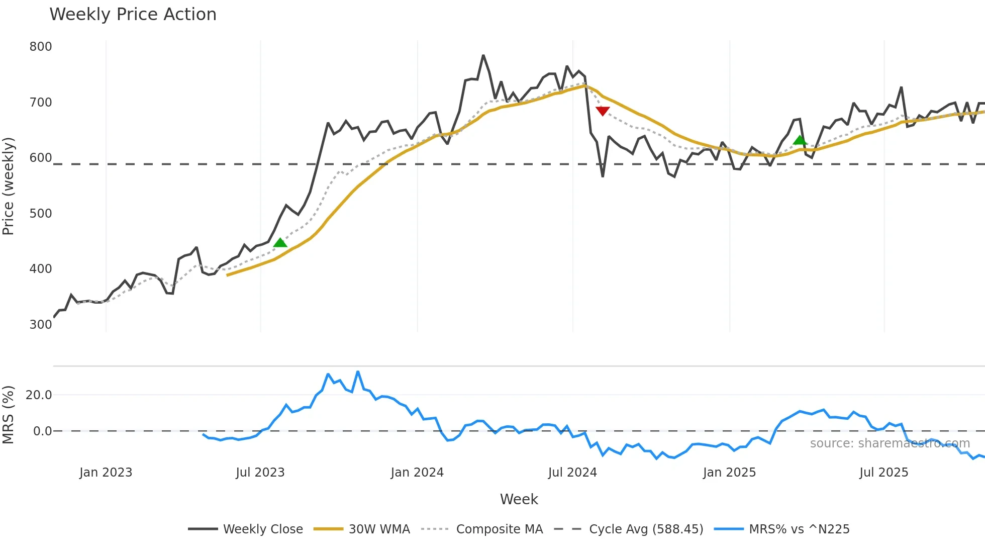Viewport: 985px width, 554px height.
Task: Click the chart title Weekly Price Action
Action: pos(133,15)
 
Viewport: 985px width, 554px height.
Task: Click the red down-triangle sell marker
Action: pos(602,111)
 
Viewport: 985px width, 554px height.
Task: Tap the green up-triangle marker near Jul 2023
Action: pos(280,243)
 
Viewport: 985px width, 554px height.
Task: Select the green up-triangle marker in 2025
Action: pos(800,140)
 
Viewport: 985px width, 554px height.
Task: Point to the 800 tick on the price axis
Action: pos(41,47)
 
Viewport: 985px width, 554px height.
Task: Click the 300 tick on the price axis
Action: pos(41,325)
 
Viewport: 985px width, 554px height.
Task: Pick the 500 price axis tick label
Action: pos(41,214)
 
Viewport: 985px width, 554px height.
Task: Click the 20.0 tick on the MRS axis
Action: pos(39,395)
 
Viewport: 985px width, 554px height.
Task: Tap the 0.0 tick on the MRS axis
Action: pos(42,431)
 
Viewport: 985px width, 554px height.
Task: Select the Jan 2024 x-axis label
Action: pos(417,473)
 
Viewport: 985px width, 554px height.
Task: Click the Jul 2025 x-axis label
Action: pos(883,473)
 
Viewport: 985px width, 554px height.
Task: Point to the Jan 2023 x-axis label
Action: pos(106,473)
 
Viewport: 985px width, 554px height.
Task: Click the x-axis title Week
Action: pos(519,499)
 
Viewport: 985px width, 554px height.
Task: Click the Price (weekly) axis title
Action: pos(8,186)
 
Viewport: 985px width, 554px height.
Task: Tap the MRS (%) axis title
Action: pos(8,415)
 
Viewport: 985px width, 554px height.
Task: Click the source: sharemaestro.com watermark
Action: pos(890,443)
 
